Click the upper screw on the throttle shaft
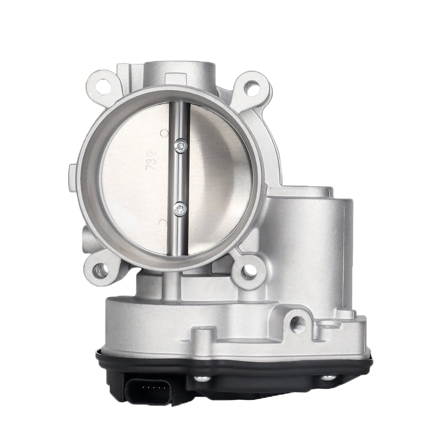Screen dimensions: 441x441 coord(180,146)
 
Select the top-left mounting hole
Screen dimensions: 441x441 coord(101,86)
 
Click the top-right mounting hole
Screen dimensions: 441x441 coord(251,87)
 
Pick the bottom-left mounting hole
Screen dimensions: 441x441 coord(100,270)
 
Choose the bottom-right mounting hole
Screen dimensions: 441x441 coord(248,270)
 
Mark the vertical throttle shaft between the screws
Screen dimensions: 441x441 coord(180,176)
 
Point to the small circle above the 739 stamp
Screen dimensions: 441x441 coord(163,133)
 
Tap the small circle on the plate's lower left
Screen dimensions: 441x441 coord(162,222)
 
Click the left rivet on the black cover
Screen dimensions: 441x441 coord(202,379)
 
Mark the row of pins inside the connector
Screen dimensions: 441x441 coord(152,392)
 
